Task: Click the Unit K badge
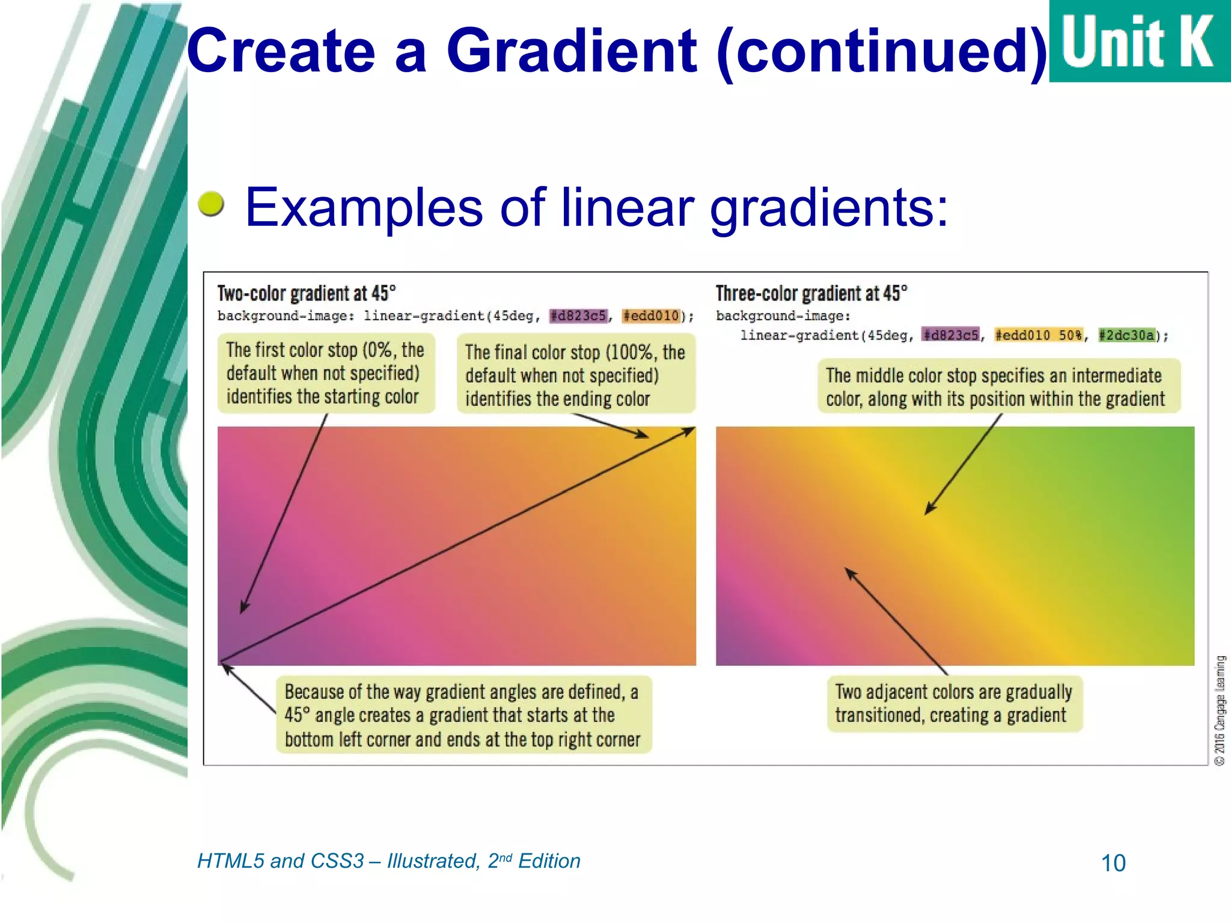pos(1139,41)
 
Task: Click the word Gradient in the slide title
pos(571,51)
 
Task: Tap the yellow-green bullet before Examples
pos(211,204)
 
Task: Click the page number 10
pos(1113,863)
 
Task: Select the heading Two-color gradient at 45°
pos(307,293)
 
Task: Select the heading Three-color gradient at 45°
pos(811,293)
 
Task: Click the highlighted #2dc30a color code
pos(1126,335)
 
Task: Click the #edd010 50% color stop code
pos(1039,335)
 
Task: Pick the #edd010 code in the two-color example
pos(651,315)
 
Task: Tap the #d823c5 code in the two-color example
pos(578,315)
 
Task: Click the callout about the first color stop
pos(325,373)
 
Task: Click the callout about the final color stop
pos(575,375)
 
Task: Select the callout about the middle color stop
pos(998,386)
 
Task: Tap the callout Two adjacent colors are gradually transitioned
pos(954,703)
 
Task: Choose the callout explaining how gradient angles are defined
pos(463,715)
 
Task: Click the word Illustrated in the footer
pos(433,861)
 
